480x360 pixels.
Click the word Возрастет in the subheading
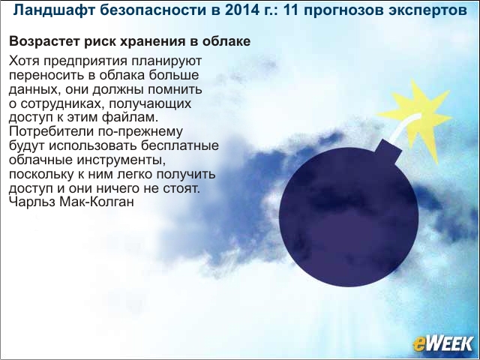click(45, 42)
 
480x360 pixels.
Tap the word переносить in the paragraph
click(46, 76)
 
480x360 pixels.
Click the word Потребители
click(52, 132)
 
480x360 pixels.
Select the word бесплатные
click(180, 145)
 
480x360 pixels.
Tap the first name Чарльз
click(32, 202)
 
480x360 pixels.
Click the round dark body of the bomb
click(349, 217)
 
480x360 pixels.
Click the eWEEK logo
click(442, 343)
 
